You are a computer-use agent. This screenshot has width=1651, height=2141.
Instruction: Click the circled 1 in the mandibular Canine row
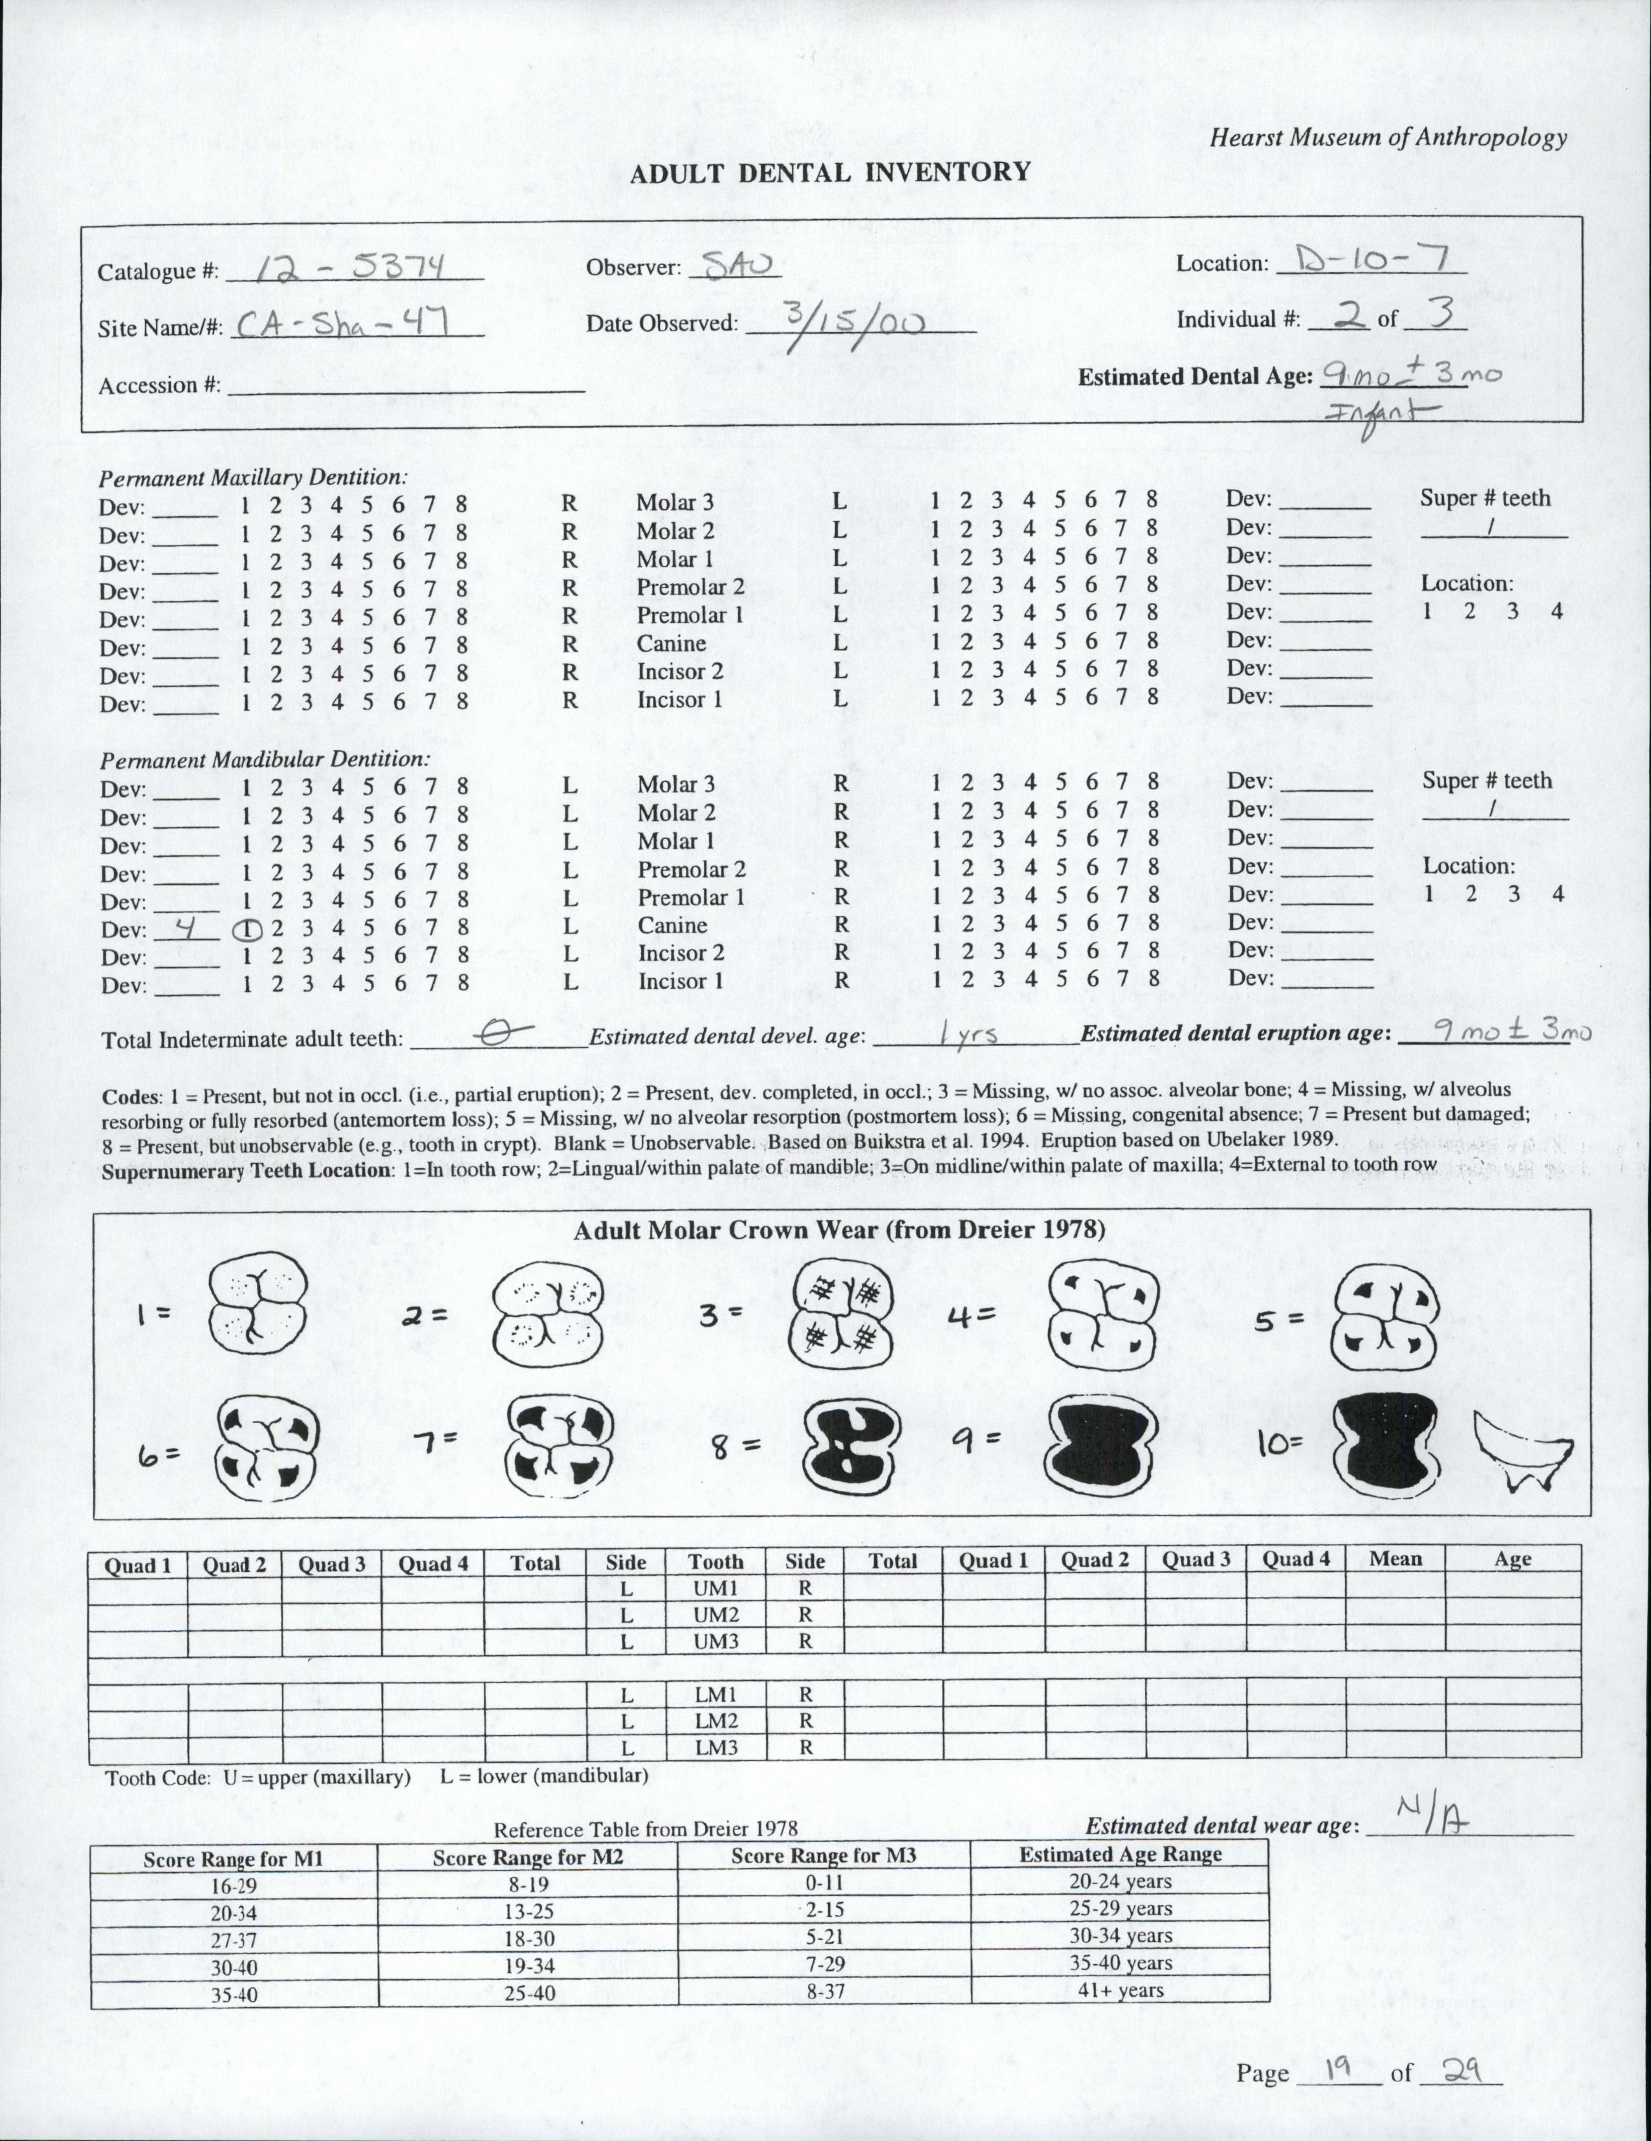click(x=245, y=929)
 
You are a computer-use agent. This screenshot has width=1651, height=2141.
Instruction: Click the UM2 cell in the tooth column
click(x=715, y=1614)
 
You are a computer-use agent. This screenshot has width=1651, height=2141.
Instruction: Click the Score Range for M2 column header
click(x=527, y=1856)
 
